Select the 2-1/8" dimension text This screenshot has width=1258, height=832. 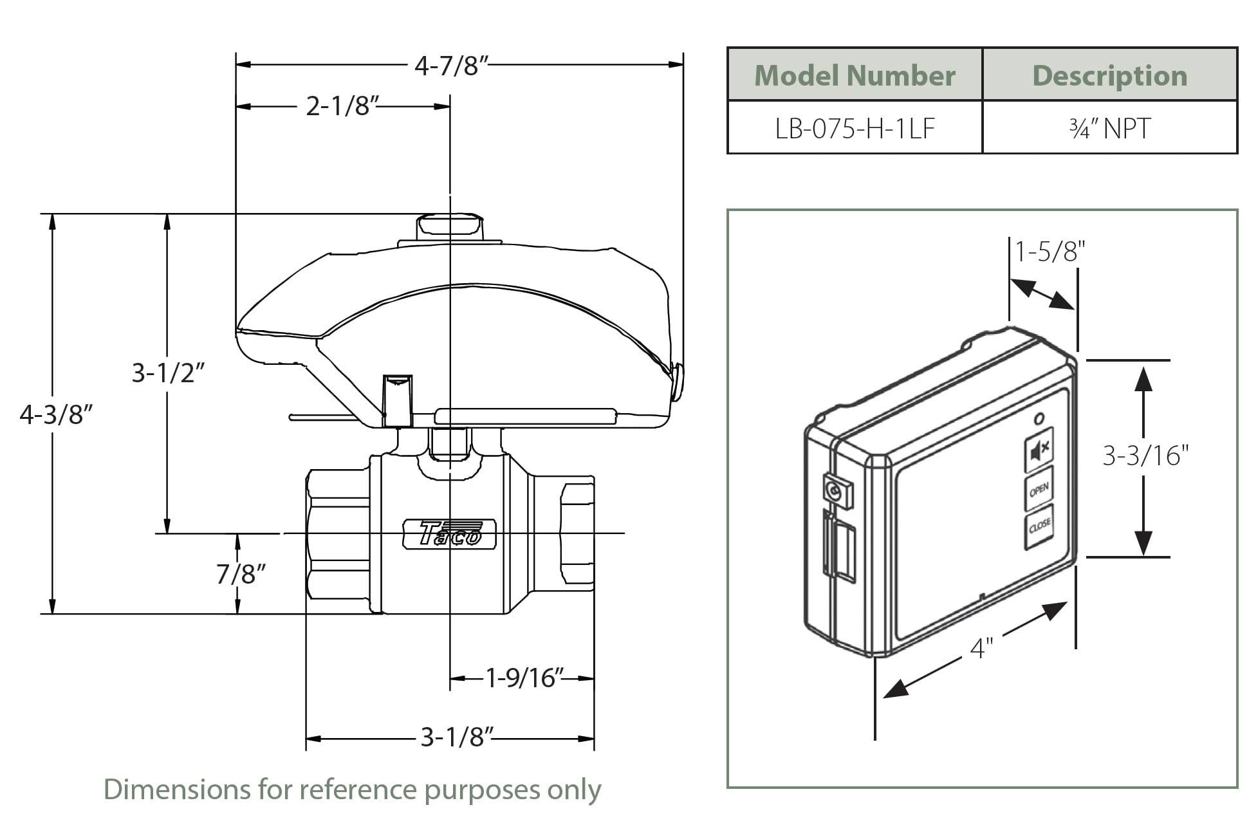(x=338, y=106)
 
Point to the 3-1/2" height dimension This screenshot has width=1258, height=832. (x=168, y=373)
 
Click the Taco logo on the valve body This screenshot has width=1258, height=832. (x=449, y=533)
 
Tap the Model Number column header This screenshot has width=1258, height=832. (x=854, y=75)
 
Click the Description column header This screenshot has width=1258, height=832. (x=1109, y=75)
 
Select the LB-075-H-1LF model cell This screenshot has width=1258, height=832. (x=854, y=128)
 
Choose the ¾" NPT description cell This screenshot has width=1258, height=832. (x=1109, y=128)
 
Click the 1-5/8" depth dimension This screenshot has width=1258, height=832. (x=1050, y=252)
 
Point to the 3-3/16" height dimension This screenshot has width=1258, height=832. (x=1145, y=456)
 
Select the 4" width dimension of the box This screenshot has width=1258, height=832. (x=981, y=647)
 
